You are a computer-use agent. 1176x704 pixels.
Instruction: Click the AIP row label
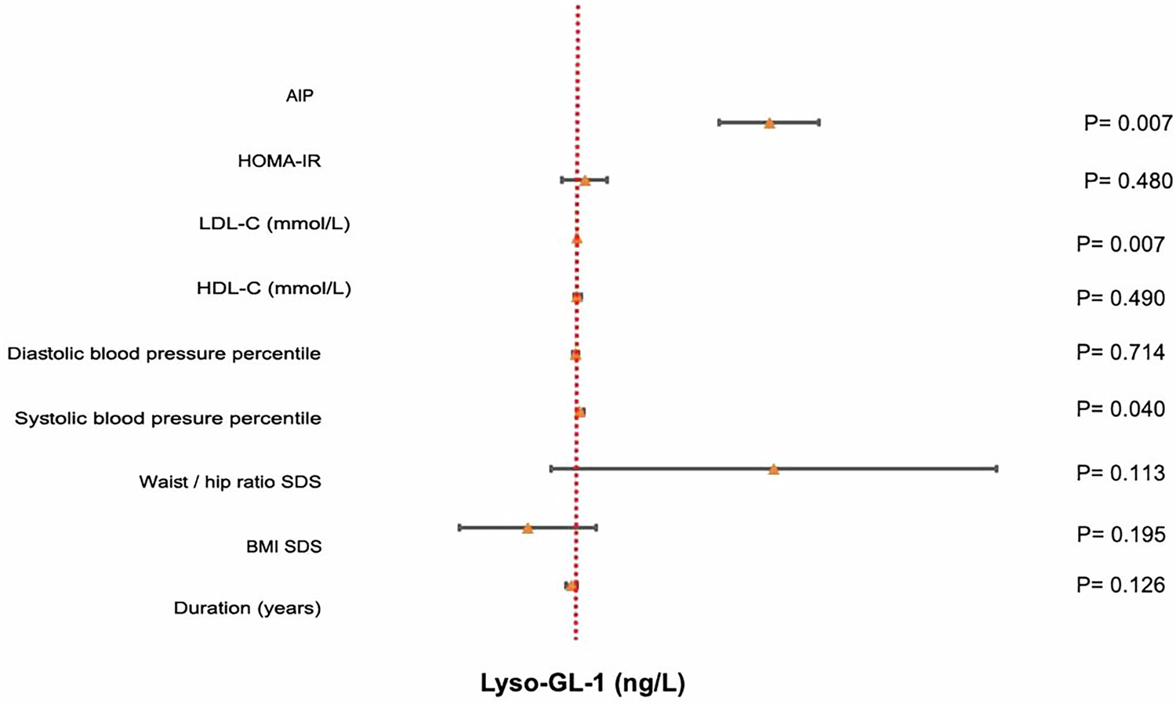point(299,96)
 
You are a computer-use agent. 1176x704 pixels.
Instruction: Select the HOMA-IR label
point(279,161)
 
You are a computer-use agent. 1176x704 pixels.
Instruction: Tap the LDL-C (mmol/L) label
point(274,224)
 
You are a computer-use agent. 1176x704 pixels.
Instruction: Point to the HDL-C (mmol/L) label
point(274,288)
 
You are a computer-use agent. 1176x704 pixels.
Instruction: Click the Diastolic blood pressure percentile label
point(164,354)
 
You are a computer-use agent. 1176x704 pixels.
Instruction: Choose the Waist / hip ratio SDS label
point(230,481)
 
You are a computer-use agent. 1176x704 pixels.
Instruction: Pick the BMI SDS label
point(284,546)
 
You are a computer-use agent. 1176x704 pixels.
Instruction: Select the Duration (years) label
point(247,608)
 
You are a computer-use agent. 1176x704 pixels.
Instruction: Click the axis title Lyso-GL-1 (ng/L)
point(583,684)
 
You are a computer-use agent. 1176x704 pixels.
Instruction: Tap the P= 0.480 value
point(1128,181)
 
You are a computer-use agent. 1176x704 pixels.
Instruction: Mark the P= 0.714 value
point(1120,353)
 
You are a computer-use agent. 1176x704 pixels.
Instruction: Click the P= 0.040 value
point(1120,408)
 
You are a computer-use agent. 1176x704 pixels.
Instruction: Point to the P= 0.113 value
point(1120,473)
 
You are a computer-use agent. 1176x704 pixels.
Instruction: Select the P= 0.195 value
point(1120,535)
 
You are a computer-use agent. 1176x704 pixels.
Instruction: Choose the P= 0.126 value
point(1120,585)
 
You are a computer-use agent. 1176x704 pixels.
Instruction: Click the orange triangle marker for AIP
point(769,123)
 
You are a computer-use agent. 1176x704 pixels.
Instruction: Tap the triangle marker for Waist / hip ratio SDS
point(774,470)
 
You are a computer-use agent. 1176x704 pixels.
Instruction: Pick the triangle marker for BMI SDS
point(528,528)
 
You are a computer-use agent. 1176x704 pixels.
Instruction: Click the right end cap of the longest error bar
point(996,469)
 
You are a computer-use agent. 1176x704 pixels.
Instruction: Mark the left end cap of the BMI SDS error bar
point(459,528)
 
